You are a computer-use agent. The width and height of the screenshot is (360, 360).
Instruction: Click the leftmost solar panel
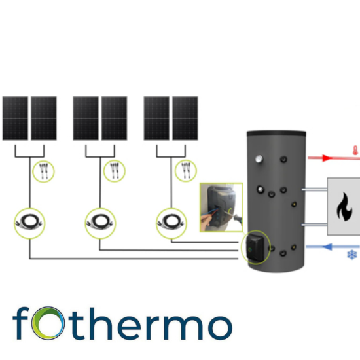(x=15, y=118)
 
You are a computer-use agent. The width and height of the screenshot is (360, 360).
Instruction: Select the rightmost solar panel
(x=185, y=118)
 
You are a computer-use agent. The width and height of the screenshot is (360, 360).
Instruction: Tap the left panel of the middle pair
(x=86, y=118)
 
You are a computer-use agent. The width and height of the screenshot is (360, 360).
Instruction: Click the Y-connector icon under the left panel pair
(x=43, y=171)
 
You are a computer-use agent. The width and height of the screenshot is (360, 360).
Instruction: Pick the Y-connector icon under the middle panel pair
(x=115, y=171)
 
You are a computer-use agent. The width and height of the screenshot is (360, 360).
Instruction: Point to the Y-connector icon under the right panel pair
(x=186, y=171)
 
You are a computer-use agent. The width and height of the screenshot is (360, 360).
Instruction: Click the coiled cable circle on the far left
(x=29, y=223)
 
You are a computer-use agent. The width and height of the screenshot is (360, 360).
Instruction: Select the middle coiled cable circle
(x=100, y=223)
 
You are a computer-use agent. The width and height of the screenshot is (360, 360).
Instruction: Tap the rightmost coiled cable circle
(x=171, y=223)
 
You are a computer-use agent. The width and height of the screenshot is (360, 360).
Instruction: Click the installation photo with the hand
(x=221, y=207)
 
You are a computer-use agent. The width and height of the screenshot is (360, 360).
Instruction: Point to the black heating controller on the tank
(x=255, y=248)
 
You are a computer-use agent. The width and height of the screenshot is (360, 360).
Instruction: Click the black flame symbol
(x=344, y=207)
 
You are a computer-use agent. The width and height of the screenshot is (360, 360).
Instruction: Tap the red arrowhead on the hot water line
(x=327, y=158)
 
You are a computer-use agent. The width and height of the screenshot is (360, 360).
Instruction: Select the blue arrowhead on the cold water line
(x=327, y=247)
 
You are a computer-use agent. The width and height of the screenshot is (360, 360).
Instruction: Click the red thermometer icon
(x=355, y=151)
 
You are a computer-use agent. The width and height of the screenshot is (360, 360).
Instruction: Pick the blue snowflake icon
(x=352, y=255)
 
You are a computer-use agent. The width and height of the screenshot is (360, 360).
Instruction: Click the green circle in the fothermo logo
(x=48, y=323)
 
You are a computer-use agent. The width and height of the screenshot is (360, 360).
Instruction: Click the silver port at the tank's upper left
(x=259, y=159)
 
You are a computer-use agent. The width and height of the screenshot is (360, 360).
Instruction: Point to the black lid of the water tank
(x=276, y=134)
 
